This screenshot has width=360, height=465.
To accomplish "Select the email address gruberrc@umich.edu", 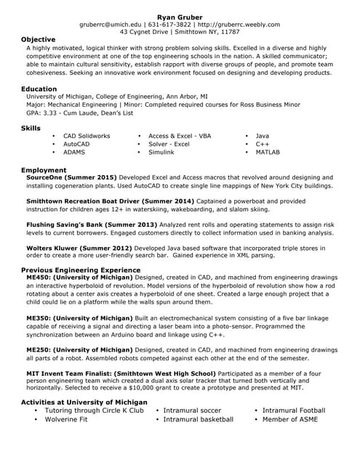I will pos(111,24).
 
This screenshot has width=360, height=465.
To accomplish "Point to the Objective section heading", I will pos(38,39).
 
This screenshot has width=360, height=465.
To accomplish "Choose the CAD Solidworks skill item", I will pos(87,136).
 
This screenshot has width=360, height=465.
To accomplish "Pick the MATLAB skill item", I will pos(267,153).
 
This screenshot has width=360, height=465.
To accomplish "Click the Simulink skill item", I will pos(161,153).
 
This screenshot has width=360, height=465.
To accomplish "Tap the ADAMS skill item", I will pos(74,153).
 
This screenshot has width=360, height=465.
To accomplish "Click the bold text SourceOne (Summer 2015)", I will pos(71,177).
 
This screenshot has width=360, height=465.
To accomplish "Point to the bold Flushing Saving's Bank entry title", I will pos(91,225).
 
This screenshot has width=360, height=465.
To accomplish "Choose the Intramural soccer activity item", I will pos(192,411).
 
